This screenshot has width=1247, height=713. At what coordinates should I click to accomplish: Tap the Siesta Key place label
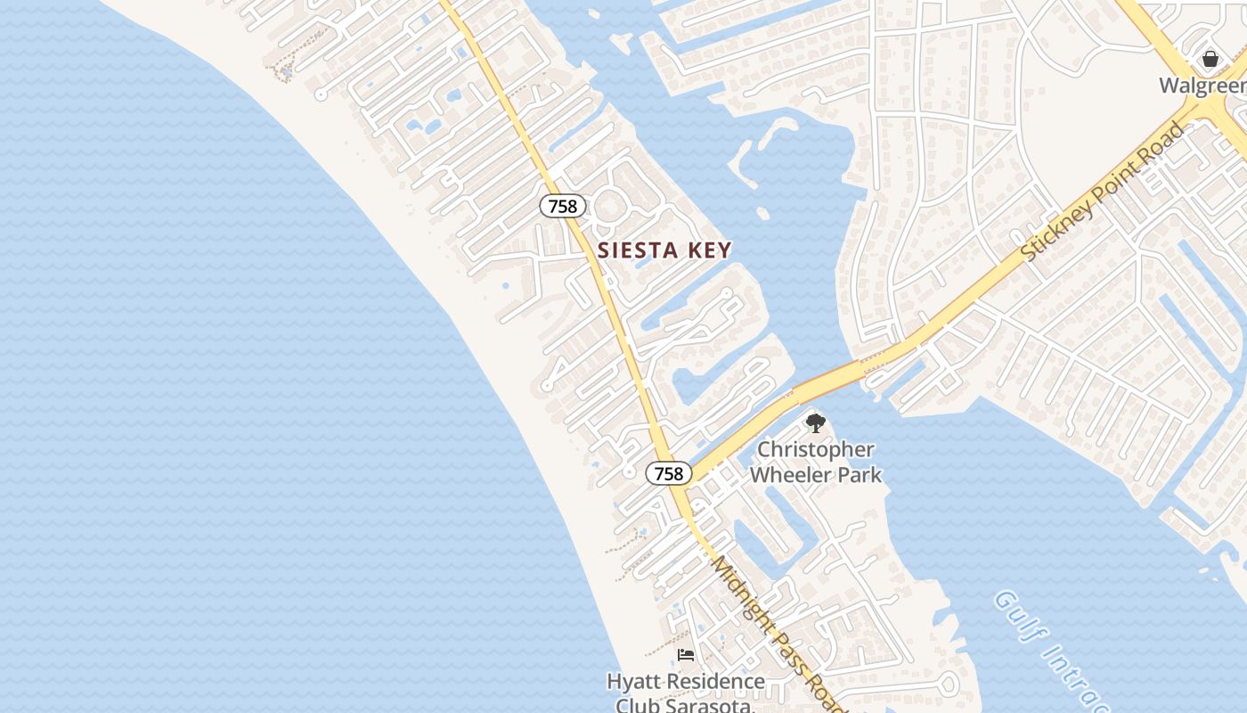pyautogui.click(x=664, y=250)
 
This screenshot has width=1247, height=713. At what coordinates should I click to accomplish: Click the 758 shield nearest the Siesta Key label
pyautogui.click(x=563, y=206)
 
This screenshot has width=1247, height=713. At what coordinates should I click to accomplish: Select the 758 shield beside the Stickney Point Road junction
pyautogui.click(x=668, y=473)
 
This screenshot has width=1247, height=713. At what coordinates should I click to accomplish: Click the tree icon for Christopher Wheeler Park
pyautogui.click(x=815, y=423)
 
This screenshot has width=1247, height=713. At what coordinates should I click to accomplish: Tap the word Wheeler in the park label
pyautogui.click(x=789, y=474)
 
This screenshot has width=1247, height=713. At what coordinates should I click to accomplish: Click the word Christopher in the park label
pyautogui.click(x=815, y=450)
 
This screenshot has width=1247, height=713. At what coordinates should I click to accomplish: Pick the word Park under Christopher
pyautogui.click(x=858, y=474)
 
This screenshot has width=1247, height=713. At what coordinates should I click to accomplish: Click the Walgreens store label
pyautogui.click(x=1202, y=86)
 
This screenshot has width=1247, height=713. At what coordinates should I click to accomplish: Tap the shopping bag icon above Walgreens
pyautogui.click(x=1210, y=59)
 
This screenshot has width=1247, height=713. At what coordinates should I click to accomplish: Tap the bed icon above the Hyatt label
pyautogui.click(x=685, y=655)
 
